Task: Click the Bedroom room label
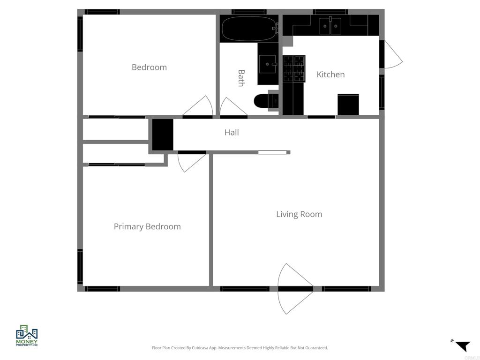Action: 149,67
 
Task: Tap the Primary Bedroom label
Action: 147,226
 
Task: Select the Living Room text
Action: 299,214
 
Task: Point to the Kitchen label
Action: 330,75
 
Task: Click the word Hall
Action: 232,133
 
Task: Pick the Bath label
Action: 241,78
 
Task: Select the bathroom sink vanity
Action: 267,63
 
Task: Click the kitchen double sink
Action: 331,26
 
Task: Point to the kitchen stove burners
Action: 294,68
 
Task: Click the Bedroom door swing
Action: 199,107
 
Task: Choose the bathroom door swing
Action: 231,107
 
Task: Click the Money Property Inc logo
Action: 27,335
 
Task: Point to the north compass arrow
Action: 462,346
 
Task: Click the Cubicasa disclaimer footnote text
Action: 240,348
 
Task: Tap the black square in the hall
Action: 163,135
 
